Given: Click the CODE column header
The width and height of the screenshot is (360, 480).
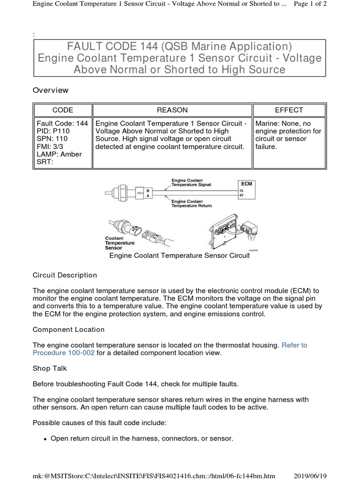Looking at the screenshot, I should (x=62, y=110).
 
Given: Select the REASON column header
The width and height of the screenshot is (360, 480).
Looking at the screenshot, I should (x=172, y=110).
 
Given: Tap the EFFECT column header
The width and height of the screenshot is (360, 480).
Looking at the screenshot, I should (x=289, y=110).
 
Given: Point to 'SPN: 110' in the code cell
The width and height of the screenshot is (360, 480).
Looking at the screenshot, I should (x=52, y=139).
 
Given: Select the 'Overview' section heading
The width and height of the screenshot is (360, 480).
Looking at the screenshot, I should (x=51, y=90).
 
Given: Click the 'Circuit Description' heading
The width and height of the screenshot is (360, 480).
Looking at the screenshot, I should (x=65, y=275).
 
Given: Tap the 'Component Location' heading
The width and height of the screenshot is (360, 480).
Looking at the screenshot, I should (x=68, y=330).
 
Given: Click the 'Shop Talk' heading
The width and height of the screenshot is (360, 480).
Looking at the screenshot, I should (x=50, y=368).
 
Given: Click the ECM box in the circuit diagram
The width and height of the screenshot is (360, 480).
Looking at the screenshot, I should (x=247, y=184).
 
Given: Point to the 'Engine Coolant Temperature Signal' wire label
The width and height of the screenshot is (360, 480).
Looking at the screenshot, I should (x=191, y=182).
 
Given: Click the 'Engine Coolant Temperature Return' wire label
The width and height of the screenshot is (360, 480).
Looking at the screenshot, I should (x=191, y=203).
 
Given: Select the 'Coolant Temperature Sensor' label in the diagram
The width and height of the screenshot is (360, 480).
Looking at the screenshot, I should (x=120, y=243).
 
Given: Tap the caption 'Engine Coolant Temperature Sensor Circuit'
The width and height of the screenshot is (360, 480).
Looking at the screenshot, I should (x=180, y=256).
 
